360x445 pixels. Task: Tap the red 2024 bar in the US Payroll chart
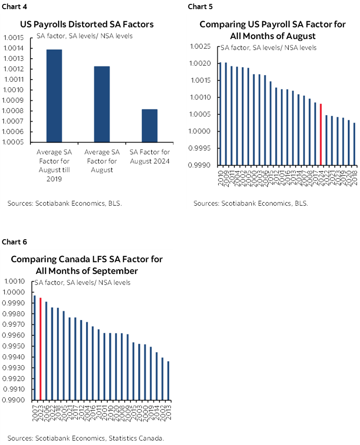(320, 134)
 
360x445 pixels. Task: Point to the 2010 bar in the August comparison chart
(221, 114)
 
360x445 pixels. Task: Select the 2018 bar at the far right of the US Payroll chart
(354, 144)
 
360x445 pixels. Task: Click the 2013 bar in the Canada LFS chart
(168, 381)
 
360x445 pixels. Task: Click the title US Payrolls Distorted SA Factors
(87, 24)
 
